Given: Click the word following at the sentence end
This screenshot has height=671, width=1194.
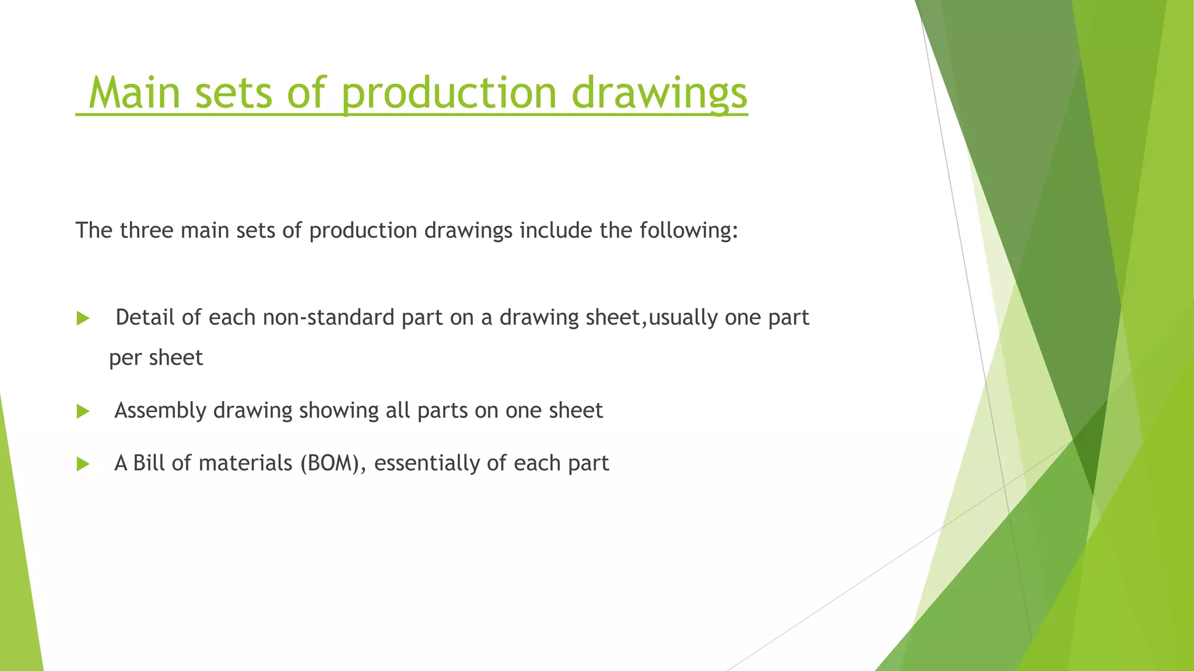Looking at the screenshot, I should click(688, 231).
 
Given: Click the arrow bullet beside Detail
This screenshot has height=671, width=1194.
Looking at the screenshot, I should click(83, 319).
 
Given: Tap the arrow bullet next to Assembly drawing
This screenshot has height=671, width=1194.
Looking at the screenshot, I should click(83, 412).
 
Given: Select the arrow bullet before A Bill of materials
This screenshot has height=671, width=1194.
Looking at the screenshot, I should click(83, 464).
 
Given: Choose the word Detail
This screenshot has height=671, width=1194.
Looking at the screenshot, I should click(145, 317).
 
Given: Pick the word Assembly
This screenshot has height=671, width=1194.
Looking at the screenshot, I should click(160, 411).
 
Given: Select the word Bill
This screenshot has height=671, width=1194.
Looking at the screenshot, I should click(149, 463).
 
